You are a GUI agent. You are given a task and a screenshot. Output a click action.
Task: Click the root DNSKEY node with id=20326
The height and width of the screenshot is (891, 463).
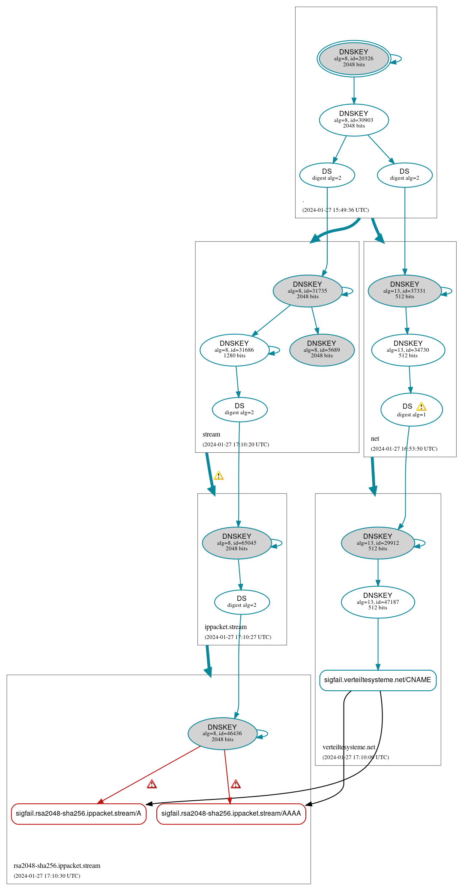click(x=354, y=59)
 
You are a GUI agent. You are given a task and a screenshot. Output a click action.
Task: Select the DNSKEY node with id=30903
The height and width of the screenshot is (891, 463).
click(x=354, y=120)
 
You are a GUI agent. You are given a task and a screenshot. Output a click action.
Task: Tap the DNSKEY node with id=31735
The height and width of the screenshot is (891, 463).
click(x=308, y=291)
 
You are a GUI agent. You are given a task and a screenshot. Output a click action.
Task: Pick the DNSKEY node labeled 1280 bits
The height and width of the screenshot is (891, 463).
click(x=234, y=350)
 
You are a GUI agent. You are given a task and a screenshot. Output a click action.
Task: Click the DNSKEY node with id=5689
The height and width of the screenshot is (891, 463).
click(x=322, y=350)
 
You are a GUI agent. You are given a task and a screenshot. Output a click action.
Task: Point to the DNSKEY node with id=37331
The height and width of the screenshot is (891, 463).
click(x=404, y=291)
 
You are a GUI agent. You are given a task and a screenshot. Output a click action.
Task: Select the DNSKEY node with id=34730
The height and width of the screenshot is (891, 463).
click(x=408, y=350)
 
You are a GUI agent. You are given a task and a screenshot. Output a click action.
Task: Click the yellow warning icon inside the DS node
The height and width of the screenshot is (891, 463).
click(x=421, y=407)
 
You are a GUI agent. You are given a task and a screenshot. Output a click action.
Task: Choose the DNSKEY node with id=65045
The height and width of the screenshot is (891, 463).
click(x=236, y=543)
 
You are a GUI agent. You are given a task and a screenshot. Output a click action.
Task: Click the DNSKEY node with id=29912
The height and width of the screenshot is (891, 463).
click(x=377, y=543)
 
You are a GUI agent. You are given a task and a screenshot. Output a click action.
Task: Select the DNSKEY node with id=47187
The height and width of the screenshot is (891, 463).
click(x=377, y=602)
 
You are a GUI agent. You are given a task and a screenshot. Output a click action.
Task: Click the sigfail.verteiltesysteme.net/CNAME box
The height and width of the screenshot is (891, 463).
click(x=377, y=680)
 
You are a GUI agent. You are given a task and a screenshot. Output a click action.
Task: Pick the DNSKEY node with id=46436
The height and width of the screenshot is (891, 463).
click(x=222, y=734)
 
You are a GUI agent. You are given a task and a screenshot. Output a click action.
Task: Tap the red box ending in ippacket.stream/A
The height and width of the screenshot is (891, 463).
click(x=78, y=814)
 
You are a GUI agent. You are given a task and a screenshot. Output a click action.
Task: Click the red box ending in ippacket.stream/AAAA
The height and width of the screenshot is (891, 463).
click(x=231, y=814)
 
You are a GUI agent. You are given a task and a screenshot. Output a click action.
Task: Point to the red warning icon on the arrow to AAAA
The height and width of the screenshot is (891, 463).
click(x=236, y=784)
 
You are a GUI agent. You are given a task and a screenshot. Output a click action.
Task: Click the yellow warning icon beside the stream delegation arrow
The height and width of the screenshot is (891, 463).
click(x=218, y=475)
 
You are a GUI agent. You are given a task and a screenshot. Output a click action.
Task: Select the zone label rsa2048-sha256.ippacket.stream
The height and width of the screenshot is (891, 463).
click(x=57, y=866)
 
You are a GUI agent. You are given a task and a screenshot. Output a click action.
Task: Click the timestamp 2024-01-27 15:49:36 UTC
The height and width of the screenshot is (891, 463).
click(x=335, y=210)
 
